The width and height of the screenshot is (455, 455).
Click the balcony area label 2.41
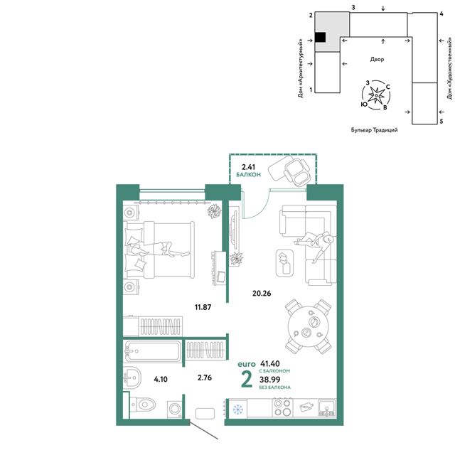point(248,167)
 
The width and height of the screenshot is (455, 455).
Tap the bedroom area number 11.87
point(203,307)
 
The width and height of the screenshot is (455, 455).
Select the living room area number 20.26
point(262,294)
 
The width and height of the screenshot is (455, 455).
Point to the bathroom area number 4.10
point(161,379)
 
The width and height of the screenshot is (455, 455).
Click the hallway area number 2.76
point(205,378)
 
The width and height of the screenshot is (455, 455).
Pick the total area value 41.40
point(270,363)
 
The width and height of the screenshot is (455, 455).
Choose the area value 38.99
point(270,380)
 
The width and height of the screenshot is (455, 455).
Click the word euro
point(247,364)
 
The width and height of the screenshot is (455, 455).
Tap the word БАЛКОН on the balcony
point(248,175)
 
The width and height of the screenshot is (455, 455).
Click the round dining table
point(308,326)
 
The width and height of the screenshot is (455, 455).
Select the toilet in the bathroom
point(143,404)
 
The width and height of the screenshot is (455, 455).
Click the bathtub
point(152,351)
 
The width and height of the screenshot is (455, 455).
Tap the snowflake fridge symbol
point(237,409)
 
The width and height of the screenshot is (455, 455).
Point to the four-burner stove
point(282,407)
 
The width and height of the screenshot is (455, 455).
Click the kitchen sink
point(327,407)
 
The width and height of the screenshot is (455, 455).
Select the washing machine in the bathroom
point(175,409)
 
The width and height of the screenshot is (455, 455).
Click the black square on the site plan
point(320,38)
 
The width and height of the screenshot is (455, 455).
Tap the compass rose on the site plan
point(376,95)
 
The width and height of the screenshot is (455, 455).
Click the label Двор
point(377,59)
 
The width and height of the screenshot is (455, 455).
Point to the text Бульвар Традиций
point(375,130)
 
